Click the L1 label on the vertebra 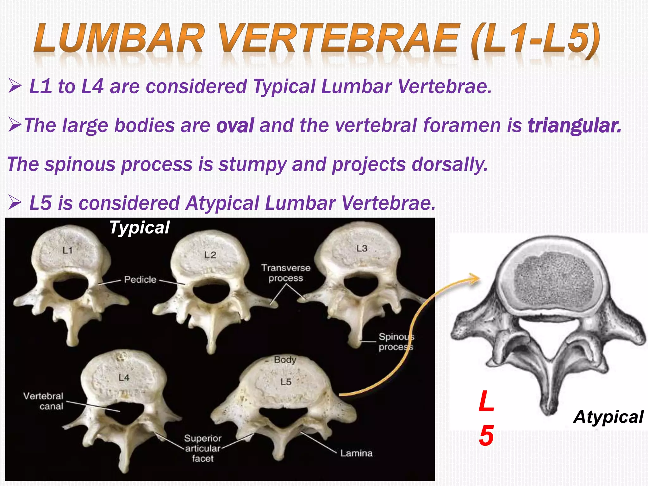[x=67, y=251]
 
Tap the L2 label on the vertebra [x=210, y=255]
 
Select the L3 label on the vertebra [x=362, y=248]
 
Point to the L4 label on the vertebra [x=124, y=377]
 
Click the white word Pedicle [x=140, y=279]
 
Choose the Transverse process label [x=286, y=273]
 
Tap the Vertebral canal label [x=43, y=401]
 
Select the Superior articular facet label [x=202, y=448]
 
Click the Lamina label [x=356, y=453]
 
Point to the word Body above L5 [x=285, y=360]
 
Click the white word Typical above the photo [x=139, y=227]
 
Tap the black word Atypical [x=608, y=417]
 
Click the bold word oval [x=235, y=125]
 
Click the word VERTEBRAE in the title [x=339, y=39]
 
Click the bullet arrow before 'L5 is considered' [x=15, y=202]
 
